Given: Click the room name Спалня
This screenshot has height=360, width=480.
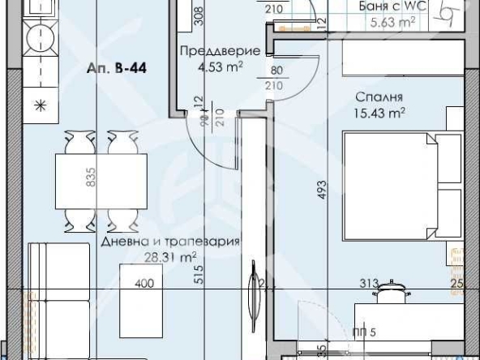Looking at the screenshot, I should click(374, 97).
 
